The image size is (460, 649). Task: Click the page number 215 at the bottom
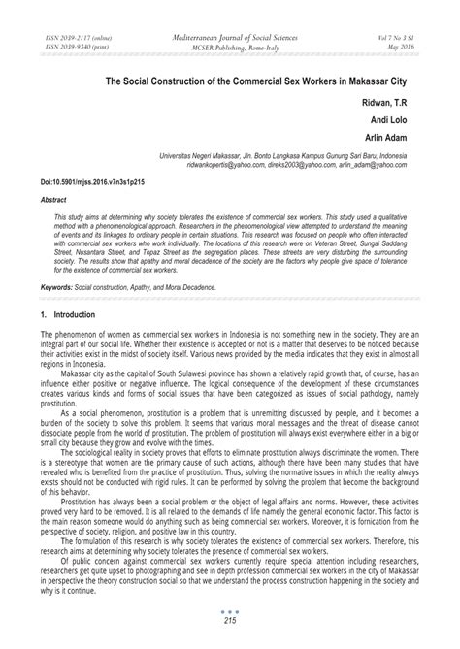click(x=230, y=633)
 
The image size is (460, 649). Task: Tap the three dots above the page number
click(x=230, y=623)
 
